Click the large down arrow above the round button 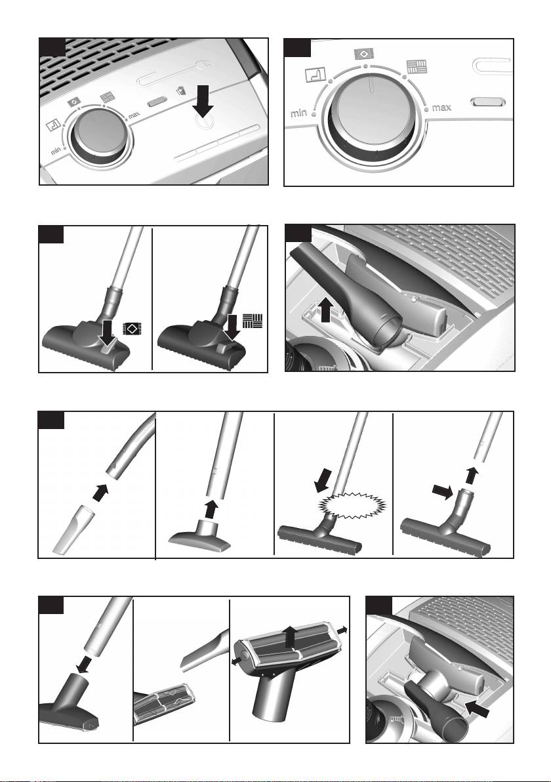click(x=203, y=102)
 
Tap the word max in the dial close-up click(x=441, y=107)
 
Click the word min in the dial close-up click(x=298, y=113)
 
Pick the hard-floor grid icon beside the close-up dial click(x=416, y=67)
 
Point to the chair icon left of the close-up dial click(x=315, y=74)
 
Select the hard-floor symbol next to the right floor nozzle click(x=253, y=321)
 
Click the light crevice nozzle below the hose click(x=71, y=529)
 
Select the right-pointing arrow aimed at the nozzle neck click(x=442, y=492)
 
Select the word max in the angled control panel click(x=134, y=115)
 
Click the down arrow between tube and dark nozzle click(x=83, y=665)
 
